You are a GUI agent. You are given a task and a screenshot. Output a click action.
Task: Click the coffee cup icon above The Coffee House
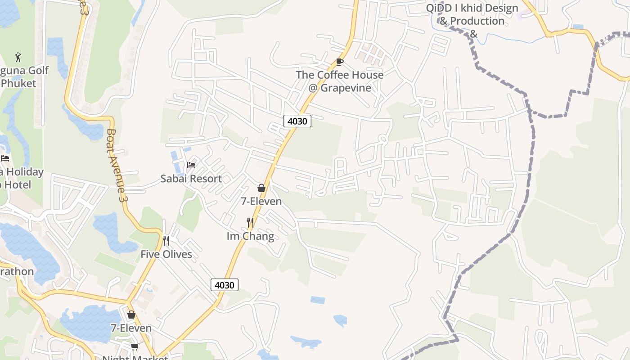tap(340, 62)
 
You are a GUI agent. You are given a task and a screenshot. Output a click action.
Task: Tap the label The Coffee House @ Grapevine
tap(340, 81)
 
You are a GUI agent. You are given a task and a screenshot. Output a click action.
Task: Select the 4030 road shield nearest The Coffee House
tap(297, 121)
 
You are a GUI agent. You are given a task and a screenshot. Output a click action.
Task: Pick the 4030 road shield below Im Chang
tap(225, 285)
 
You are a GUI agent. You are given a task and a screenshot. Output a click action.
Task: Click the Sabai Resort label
tap(191, 179)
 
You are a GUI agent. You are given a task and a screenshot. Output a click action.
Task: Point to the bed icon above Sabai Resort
tap(191, 165)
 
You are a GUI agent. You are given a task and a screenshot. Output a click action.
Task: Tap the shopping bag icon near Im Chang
tap(261, 188)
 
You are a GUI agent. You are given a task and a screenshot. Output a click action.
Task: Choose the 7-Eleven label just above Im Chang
tap(261, 201)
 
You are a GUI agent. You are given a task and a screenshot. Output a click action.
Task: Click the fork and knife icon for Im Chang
tap(250, 222)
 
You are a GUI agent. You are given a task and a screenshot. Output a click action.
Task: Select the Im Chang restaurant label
tap(250, 236)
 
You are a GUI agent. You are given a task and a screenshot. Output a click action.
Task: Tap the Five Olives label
tap(166, 254)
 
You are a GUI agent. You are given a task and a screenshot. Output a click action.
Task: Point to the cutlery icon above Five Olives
tap(166, 241)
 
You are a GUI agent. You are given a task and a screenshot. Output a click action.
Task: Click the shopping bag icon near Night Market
tap(131, 315)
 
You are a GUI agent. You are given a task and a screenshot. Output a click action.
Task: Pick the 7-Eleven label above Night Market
tap(131, 328)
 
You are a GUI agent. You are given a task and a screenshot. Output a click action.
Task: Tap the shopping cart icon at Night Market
tap(135, 346)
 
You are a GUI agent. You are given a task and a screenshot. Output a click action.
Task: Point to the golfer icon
tap(18, 57)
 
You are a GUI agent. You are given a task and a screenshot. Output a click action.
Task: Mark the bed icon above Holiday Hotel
tap(5, 158)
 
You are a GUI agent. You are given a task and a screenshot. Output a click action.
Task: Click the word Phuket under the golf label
tap(18, 83)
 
